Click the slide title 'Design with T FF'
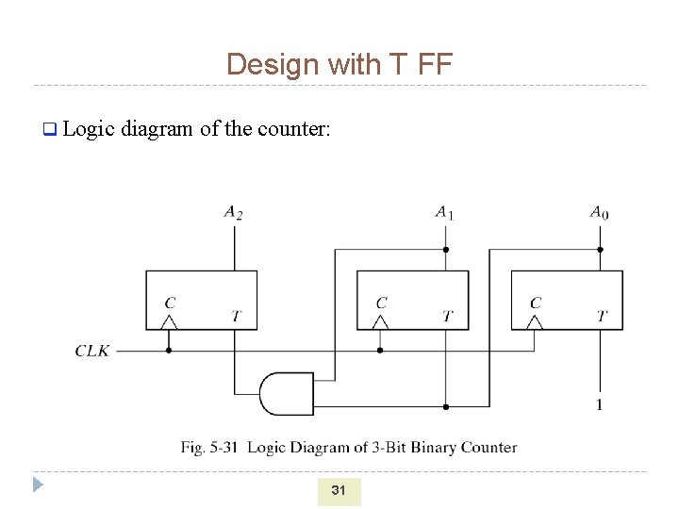pyautogui.click(x=339, y=64)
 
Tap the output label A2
pyautogui.click(x=233, y=213)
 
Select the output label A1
pyautogui.click(x=444, y=213)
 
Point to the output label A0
pyautogui.click(x=599, y=213)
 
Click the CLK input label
pyautogui.click(x=92, y=351)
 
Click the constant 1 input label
pyautogui.click(x=599, y=404)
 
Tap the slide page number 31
pyautogui.click(x=339, y=490)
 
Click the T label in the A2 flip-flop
pyautogui.click(x=236, y=316)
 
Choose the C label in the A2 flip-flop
pyautogui.click(x=170, y=303)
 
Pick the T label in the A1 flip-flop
pyautogui.click(x=447, y=316)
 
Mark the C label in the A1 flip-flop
pyautogui.click(x=381, y=303)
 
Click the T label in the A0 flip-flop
pyautogui.click(x=602, y=316)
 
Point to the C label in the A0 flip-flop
pyautogui.click(x=536, y=303)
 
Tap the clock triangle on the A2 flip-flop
pyautogui.click(x=169, y=322)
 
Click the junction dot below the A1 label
pyautogui.click(x=445, y=250)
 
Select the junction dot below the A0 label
pyautogui.click(x=600, y=250)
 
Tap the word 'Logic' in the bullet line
pyautogui.click(x=88, y=128)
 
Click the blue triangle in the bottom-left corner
pyautogui.click(x=38, y=485)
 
